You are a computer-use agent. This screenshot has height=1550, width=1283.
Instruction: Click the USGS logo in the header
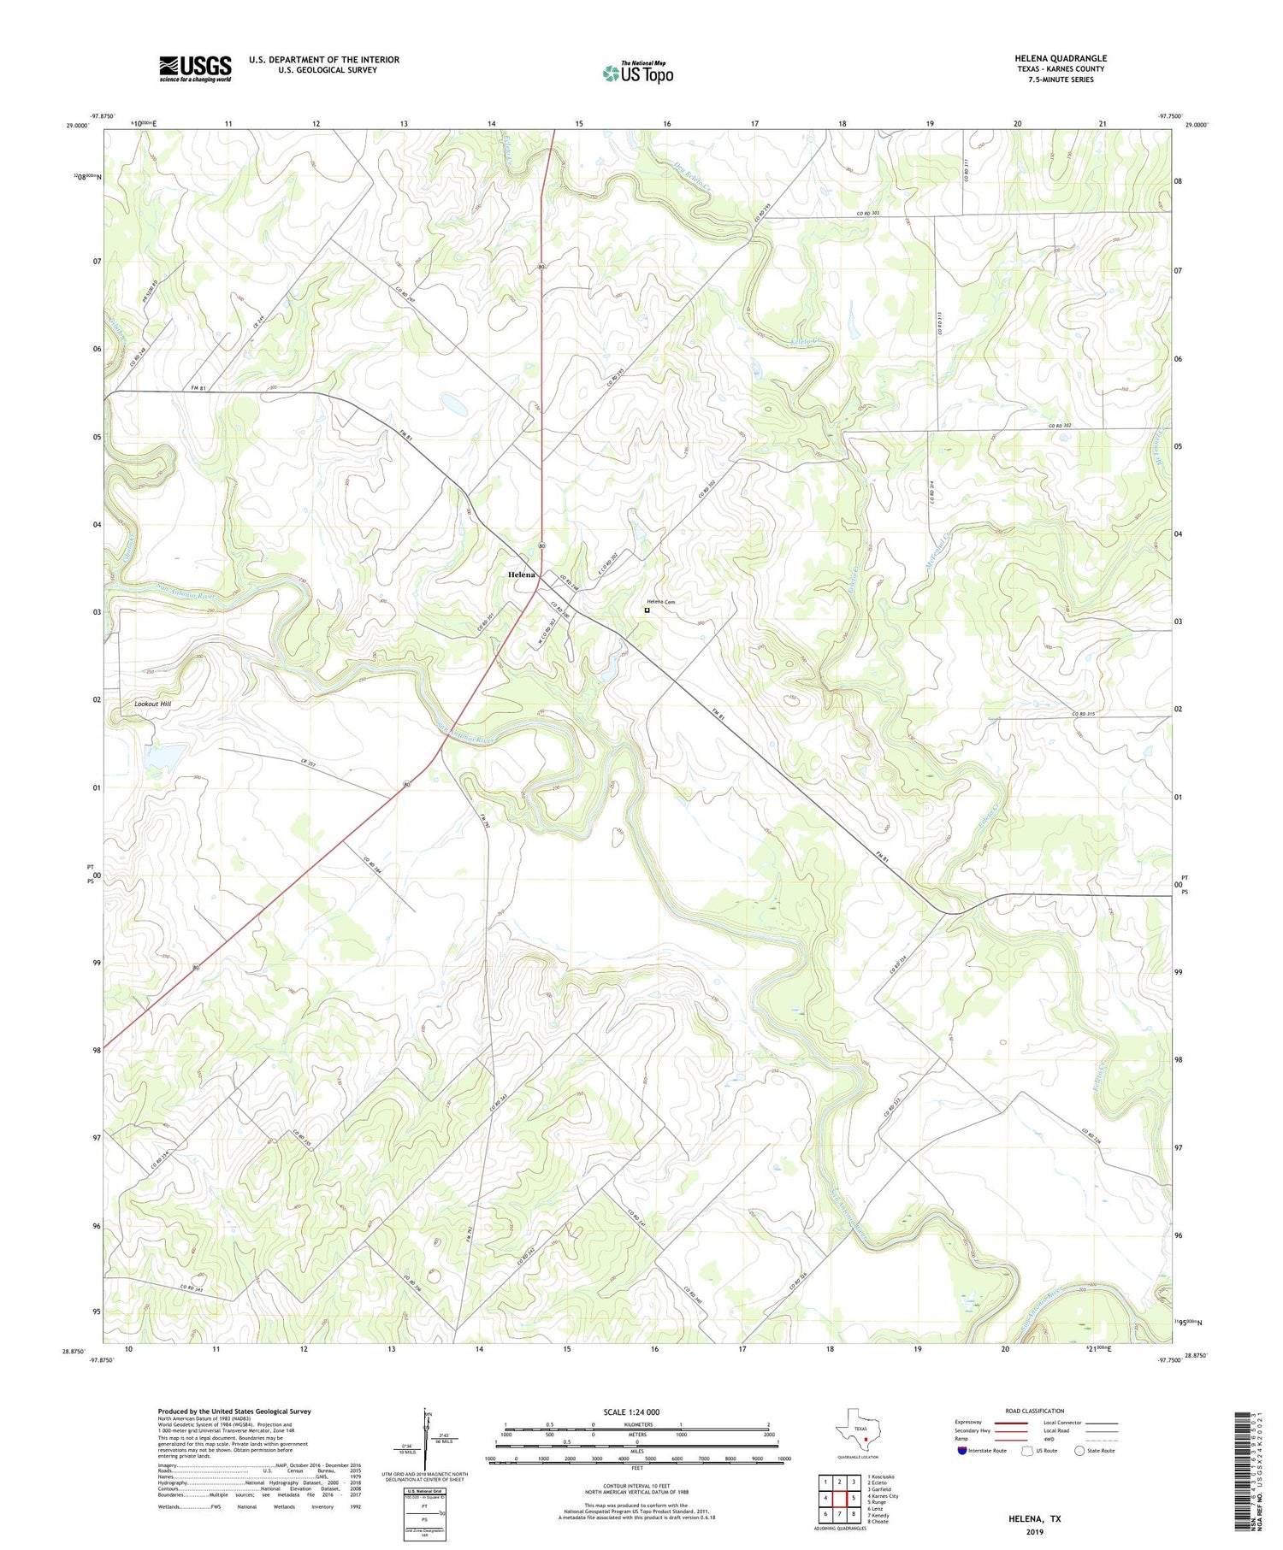point(195,68)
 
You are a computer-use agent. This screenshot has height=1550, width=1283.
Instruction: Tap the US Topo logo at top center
point(637,73)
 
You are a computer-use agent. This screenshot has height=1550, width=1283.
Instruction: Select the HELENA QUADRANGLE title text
point(1061,58)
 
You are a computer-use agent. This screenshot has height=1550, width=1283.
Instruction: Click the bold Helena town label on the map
point(521,575)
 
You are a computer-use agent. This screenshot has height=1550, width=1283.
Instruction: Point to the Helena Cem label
point(660,602)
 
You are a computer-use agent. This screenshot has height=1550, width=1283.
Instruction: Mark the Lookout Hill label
point(153,704)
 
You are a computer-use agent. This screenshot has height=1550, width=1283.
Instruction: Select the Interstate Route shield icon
point(962,1451)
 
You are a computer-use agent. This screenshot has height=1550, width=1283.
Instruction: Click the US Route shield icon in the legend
point(1027,1451)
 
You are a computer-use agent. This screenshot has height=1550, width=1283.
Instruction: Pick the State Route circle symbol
point(1079,1451)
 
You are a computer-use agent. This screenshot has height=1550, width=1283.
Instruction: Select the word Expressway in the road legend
point(972,1423)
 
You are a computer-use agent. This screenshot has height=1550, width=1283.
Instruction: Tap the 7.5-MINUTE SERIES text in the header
point(1061,80)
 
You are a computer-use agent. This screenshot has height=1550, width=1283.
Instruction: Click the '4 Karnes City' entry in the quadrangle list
point(883,1496)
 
